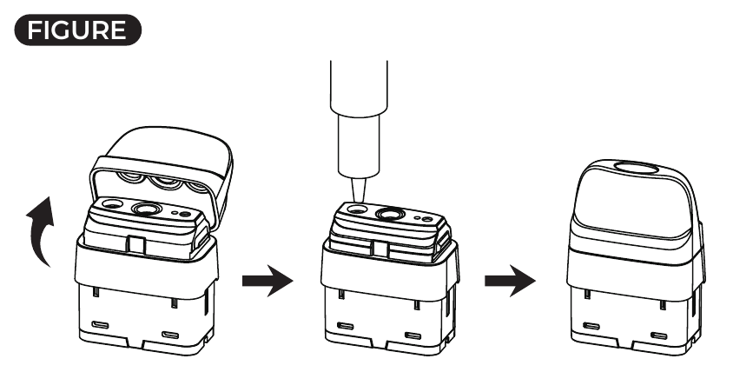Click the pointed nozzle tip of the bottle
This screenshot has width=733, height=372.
click(356, 197)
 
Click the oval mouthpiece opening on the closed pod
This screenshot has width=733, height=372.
click(635, 169)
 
